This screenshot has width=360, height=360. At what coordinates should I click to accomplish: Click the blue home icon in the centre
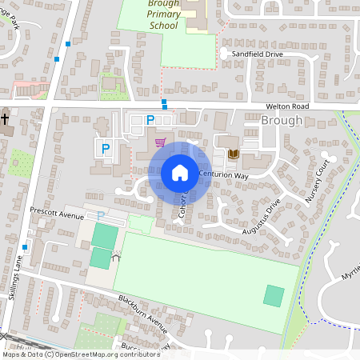(x=180, y=173)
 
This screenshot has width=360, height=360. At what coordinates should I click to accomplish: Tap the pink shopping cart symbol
(x=161, y=143)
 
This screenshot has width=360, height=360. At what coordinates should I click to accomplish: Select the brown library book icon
(x=234, y=154)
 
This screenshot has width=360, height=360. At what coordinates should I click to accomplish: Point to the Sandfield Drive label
(x=258, y=54)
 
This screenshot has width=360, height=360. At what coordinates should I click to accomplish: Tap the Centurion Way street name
(x=224, y=174)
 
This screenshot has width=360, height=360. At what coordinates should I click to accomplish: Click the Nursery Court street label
(x=318, y=180)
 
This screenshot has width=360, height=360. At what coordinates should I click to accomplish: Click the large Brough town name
(x=282, y=121)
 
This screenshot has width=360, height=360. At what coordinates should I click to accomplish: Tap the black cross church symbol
(x=5, y=120)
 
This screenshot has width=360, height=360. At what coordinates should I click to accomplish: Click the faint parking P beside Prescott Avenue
(x=101, y=216)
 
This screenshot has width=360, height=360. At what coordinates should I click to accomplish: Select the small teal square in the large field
(x=274, y=295)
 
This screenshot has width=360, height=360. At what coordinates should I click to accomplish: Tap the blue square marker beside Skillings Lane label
(x=26, y=247)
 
